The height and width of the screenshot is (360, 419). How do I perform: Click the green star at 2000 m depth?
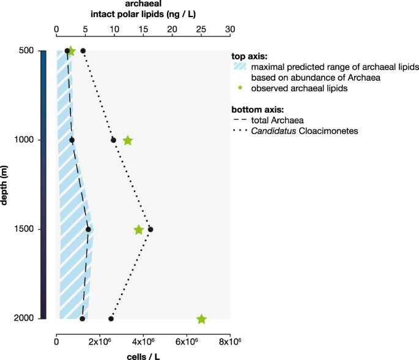201,319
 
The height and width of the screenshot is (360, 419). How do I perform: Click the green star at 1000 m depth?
128,140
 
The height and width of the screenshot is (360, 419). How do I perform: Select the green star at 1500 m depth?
139,230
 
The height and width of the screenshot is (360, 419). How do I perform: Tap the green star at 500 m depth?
71,51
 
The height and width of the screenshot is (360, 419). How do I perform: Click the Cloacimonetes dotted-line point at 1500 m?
150,230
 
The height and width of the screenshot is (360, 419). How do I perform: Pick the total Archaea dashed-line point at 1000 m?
72,140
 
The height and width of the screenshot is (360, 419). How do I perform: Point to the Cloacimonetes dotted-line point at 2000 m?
111,319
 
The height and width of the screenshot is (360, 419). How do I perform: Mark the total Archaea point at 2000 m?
83,319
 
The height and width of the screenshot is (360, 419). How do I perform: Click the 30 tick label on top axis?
230,28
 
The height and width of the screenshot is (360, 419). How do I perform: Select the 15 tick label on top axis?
143,28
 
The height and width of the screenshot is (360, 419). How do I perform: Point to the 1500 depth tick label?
26,230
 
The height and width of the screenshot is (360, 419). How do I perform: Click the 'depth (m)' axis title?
6,184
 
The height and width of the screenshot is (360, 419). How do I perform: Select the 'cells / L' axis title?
143,355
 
